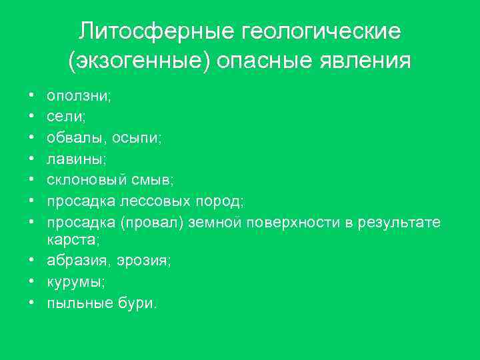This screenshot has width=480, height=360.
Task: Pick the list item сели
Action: click(63, 117)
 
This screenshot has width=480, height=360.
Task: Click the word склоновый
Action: click(86, 180)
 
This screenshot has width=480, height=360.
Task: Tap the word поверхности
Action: click(294, 222)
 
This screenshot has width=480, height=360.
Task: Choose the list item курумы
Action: click(74, 282)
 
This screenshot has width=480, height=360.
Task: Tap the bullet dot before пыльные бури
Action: click(31, 303)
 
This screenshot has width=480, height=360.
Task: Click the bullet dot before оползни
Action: click(31, 97)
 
